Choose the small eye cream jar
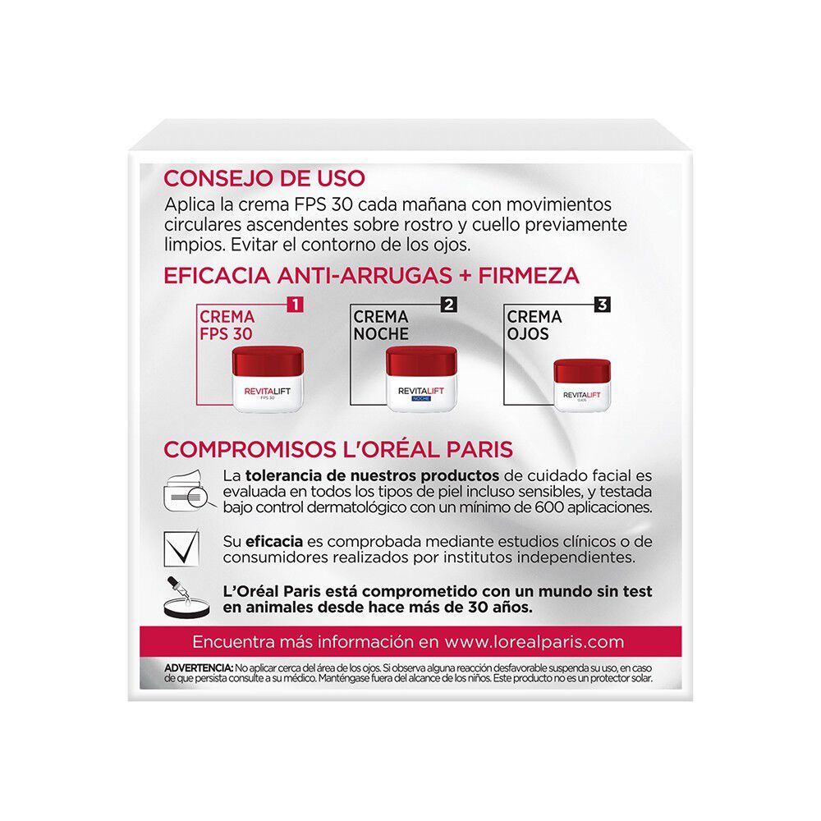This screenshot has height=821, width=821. click(582, 384)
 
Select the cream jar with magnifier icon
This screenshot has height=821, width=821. click(187, 492)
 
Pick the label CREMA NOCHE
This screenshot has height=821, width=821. click(381, 325)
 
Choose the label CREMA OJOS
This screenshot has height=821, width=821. click(534, 325)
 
